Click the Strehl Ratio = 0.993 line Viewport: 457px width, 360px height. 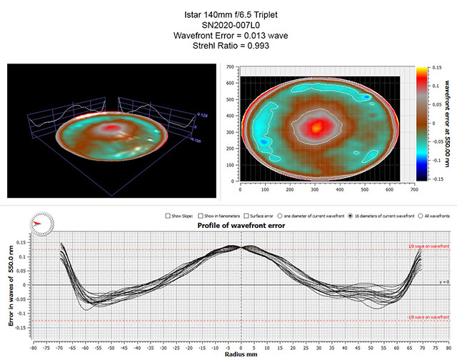click(x=228, y=45)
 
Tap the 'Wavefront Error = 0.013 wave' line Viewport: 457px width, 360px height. click(x=228, y=35)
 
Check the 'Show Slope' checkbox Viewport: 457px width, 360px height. click(x=167, y=215)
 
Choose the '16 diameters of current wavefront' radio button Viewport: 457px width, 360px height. click(x=353, y=215)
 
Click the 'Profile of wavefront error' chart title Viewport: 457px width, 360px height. click(x=241, y=226)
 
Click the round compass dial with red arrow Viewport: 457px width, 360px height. click(x=39, y=224)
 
